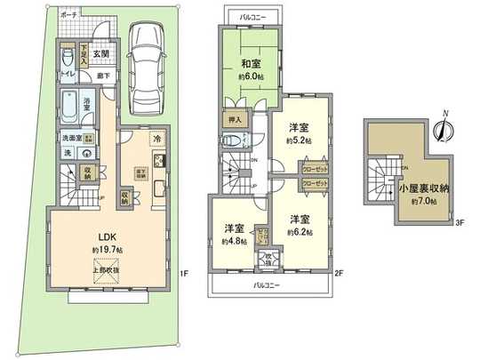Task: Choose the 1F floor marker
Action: [x=181, y=273]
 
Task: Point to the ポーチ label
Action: [x=68, y=16]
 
